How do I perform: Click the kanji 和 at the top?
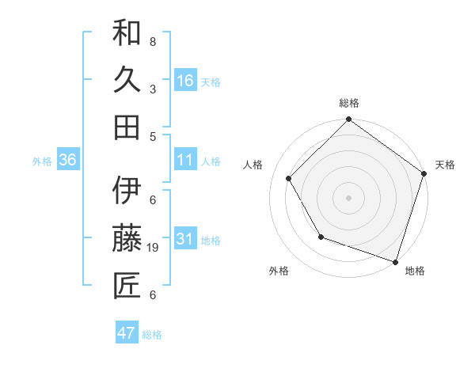pyautogui.click(x=127, y=34)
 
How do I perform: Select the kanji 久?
pyautogui.click(x=127, y=81)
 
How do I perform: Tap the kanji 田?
pyautogui.click(x=127, y=127)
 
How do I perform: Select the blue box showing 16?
pyautogui.click(x=185, y=81)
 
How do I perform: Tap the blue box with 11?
pyautogui.click(x=185, y=161)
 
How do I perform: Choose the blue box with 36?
pyautogui.click(x=68, y=161)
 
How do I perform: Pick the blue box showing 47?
pyautogui.click(x=127, y=333)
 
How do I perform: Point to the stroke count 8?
pyautogui.click(x=153, y=41)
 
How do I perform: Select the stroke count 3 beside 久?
pyautogui.click(x=153, y=89)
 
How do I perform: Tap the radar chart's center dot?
pyautogui.click(x=348, y=197)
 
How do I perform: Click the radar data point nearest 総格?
pyautogui.click(x=348, y=120)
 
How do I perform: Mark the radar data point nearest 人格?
pyautogui.click(x=289, y=178)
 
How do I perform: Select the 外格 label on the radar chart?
pyautogui.click(x=279, y=271)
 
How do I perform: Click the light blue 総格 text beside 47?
pyautogui.click(x=152, y=335)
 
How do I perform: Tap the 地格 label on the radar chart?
pyautogui.click(x=415, y=271)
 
